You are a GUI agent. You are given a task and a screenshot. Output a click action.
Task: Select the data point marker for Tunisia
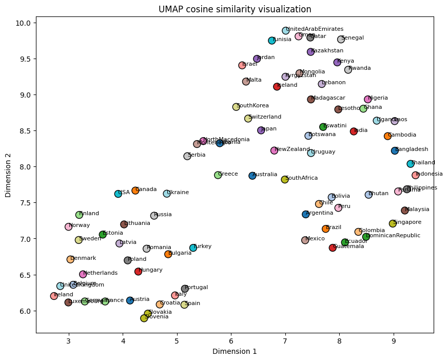(x=272, y=41)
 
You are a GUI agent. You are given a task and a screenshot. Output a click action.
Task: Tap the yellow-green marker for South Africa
(x=285, y=179)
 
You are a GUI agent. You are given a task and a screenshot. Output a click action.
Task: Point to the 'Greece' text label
(x=228, y=174)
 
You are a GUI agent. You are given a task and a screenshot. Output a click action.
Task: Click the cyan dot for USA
(x=118, y=194)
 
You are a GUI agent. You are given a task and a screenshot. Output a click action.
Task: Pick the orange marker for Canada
(x=135, y=191)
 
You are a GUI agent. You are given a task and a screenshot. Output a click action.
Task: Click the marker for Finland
(x=79, y=215)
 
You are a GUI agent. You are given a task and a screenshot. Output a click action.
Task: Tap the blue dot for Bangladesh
(x=395, y=150)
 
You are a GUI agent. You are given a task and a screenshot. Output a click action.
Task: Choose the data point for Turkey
(x=193, y=248)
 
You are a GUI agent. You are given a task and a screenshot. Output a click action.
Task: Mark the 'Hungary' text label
(x=151, y=270)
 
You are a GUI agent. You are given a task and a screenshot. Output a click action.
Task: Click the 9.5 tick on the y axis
(x=25, y=59)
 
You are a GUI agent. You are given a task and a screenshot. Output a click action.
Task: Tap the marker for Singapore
(x=393, y=223)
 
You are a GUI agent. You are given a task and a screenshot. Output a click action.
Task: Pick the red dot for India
(x=354, y=131)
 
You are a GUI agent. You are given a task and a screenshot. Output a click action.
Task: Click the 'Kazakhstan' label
(x=327, y=51)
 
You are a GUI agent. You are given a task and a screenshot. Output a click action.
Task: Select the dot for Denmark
(x=70, y=259)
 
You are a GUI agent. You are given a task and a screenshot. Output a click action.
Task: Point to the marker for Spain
(x=184, y=305)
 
